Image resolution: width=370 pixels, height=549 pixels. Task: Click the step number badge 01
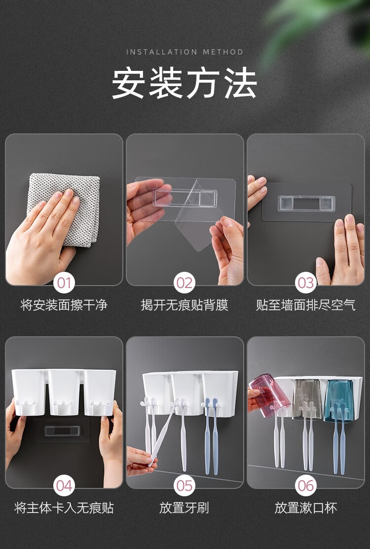pos(64,283)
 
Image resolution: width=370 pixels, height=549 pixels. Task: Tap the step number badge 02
pos(185,283)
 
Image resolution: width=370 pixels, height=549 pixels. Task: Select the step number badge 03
pos(305,283)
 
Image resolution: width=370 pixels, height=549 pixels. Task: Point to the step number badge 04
pos(64,485)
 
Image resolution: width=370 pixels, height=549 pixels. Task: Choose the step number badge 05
pos(185,485)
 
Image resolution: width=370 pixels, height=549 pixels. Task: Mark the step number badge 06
pos(305,485)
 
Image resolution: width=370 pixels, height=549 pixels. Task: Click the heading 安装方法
pos(185,83)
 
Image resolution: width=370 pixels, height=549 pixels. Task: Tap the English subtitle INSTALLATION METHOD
pos(185,52)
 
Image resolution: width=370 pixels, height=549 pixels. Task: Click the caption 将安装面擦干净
pos(64,305)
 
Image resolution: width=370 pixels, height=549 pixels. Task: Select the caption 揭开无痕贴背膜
pos(185,305)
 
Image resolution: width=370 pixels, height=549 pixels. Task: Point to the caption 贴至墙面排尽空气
pos(305,305)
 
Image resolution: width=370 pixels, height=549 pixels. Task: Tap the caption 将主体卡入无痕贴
pos(64,508)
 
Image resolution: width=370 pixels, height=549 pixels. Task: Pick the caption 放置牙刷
pos(185,508)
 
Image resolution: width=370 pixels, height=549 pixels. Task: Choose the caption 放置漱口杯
pos(305,508)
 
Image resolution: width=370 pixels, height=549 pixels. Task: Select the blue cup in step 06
pos(338,400)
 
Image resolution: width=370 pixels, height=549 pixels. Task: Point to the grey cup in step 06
pos(307,399)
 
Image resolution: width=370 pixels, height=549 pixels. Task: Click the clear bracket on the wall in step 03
pos(306,203)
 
